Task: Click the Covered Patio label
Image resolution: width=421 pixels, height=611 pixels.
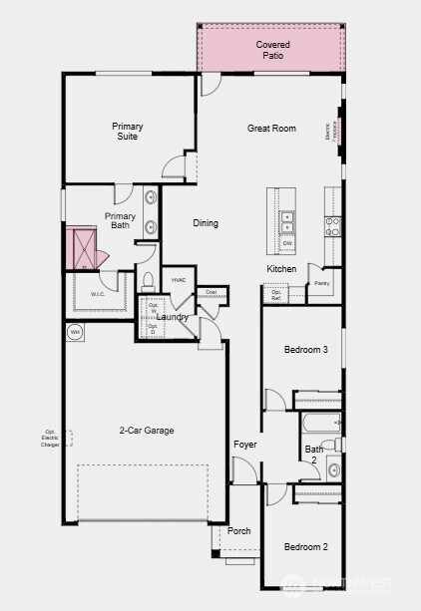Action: tap(272, 50)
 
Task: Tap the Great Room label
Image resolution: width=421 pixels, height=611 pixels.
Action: tap(271, 129)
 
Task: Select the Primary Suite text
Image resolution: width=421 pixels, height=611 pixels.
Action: tap(127, 131)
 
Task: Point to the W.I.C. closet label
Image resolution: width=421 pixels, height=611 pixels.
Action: tap(98, 294)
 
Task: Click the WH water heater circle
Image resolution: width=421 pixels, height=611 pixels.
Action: tap(75, 332)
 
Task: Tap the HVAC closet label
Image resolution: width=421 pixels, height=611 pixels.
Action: tap(179, 281)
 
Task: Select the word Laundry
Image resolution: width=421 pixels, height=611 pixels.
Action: tap(173, 317)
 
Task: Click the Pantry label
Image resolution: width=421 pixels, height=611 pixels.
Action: tap(321, 284)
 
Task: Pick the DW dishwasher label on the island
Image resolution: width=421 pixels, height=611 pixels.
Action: tap(287, 243)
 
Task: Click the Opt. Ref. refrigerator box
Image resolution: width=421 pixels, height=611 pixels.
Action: tap(275, 294)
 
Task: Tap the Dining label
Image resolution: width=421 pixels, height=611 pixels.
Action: tap(206, 223)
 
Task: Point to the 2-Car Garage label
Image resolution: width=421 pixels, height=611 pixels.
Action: tap(147, 431)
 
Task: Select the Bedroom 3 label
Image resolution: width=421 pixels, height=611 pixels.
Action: tap(306, 350)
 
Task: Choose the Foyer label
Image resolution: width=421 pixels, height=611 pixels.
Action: tap(245, 444)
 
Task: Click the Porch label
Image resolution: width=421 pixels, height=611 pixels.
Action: tap(239, 531)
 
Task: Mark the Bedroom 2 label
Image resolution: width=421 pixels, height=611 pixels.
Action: tap(305, 547)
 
